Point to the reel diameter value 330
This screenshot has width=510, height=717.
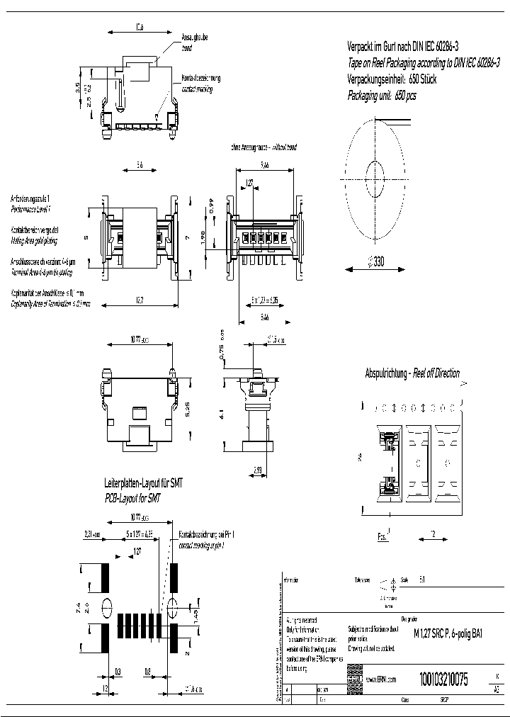pos(378,262)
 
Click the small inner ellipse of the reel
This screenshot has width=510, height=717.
pos(374,173)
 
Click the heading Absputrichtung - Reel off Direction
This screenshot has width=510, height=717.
pos(412,373)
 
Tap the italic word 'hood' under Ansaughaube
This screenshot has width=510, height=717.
pos(186,49)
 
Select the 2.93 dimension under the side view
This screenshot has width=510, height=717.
pos(259,469)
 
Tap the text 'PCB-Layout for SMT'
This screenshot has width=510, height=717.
pos(132,498)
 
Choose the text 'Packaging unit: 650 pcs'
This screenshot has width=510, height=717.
pos(382,95)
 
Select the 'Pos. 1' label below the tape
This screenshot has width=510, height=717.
pos(383,536)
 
